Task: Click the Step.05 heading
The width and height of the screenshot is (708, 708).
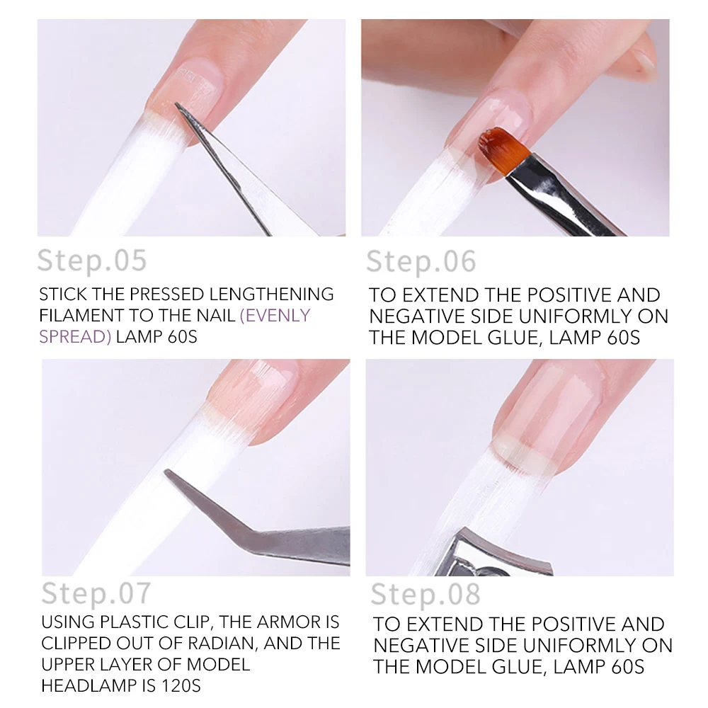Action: (x=92, y=261)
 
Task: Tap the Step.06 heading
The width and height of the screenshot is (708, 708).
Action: (x=421, y=261)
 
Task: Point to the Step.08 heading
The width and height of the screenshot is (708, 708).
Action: (x=426, y=594)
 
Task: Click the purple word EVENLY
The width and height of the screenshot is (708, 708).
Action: (x=275, y=315)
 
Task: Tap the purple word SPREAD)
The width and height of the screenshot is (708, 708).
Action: (x=75, y=337)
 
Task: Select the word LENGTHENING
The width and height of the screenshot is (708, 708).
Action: (x=271, y=294)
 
